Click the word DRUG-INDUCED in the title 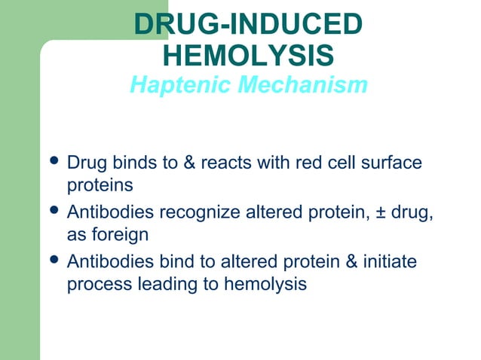pyautogui.click(x=248, y=24)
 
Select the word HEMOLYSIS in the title pyautogui.click(x=248, y=55)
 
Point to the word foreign pyautogui.click(x=121, y=235)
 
